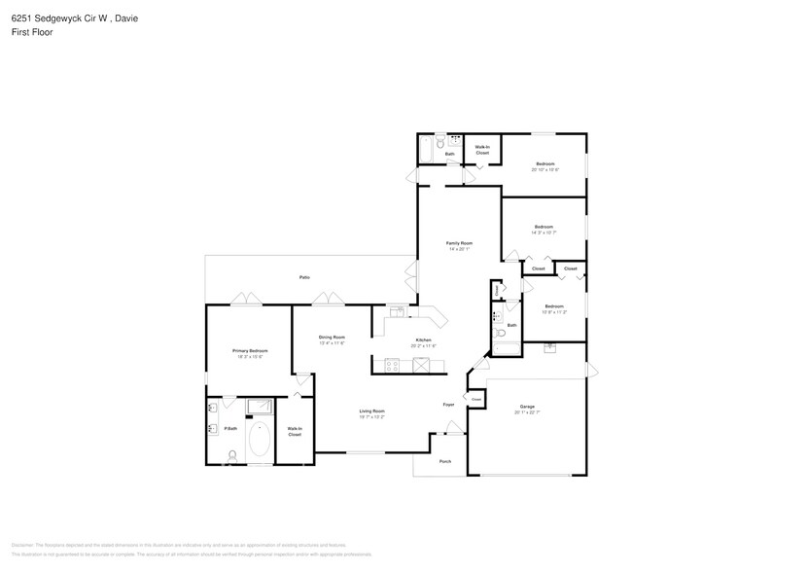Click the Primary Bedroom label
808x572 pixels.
[250, 350]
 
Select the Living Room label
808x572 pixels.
[372, 411]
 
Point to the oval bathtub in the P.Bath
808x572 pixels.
[261, 439]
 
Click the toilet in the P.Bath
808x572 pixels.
[232, 454]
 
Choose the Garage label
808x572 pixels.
[527, 407]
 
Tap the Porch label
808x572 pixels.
[445, 461]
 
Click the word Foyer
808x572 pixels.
[448, 405]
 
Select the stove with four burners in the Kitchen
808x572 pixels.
[393, 366]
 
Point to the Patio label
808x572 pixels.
[304, 278]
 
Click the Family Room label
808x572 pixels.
[459, 242]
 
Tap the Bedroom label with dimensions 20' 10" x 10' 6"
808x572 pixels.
[545, 163]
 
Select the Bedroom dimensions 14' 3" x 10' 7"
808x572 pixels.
[543, 232]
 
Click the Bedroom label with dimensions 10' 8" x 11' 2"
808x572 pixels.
[554, 306]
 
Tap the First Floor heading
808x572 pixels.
[33, 32]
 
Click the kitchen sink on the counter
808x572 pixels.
[398, 311]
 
